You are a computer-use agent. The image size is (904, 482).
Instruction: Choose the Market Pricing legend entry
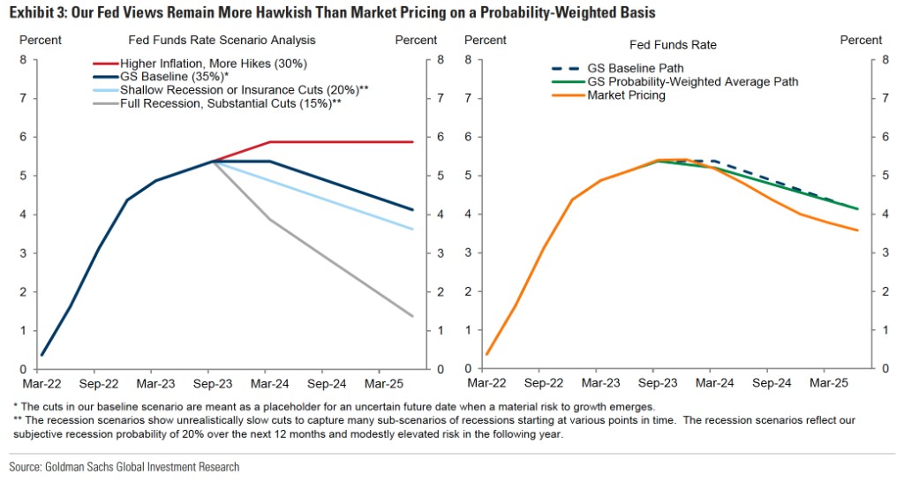(626, 95)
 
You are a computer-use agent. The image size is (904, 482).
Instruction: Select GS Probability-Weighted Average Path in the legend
(692, 81)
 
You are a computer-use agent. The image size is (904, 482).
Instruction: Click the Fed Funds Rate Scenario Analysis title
(222, 41)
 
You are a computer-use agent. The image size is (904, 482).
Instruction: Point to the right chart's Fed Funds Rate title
(673, 44)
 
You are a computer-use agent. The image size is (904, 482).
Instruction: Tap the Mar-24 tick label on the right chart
(714, 384)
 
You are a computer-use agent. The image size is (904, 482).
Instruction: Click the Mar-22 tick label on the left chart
(41, 384)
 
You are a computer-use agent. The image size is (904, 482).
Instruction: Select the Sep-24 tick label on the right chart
(772, 384)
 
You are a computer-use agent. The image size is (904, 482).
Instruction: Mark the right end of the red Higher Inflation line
(412, 142)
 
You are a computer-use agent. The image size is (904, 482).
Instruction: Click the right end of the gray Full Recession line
(412, 316)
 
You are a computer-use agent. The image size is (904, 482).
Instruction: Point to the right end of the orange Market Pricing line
(857, 230)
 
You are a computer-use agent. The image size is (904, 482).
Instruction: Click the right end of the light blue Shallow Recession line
(412, 230)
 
